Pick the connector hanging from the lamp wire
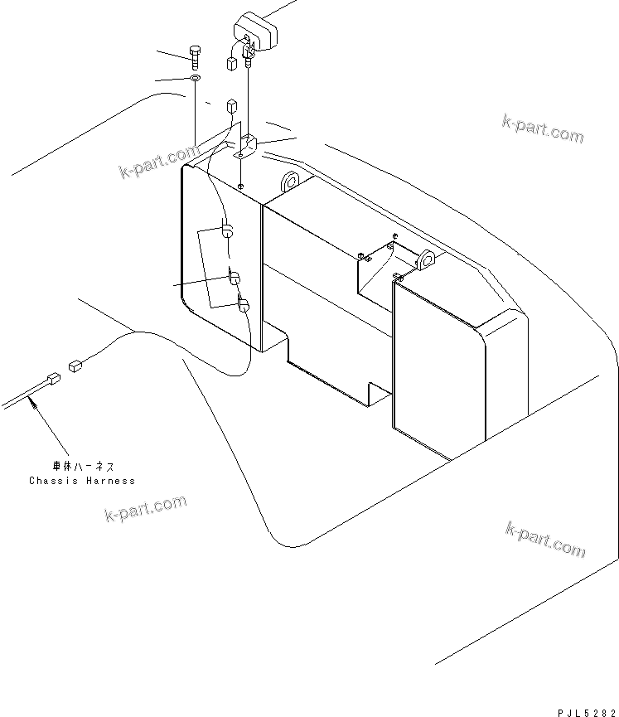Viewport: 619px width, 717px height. pyautogui.click(x=231, y=63)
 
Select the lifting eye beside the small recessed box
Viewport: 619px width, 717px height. pyautogui.click(x=426, y=259)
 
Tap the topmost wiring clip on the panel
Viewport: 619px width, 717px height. pyautogui.click(x=227, y=230)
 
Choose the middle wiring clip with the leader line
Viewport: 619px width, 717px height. pyautogui.click(x=234, y=277)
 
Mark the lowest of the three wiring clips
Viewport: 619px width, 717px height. pyautogui.click(x=243, y=304)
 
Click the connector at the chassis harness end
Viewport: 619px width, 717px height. pyautogui.click(x=53, y=379)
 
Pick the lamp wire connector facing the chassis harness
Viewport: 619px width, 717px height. pyautogui.click(x=75, y=366)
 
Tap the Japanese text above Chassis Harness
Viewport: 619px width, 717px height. pyautogui.click(x=83, y=467)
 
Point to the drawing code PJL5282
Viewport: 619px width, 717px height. pyautogui.click(x=587, y=712)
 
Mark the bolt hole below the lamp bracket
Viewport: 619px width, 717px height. pyautogui.click(x=241, y=187)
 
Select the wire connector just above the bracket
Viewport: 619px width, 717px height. pyautogui.click(x=232, y=106)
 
